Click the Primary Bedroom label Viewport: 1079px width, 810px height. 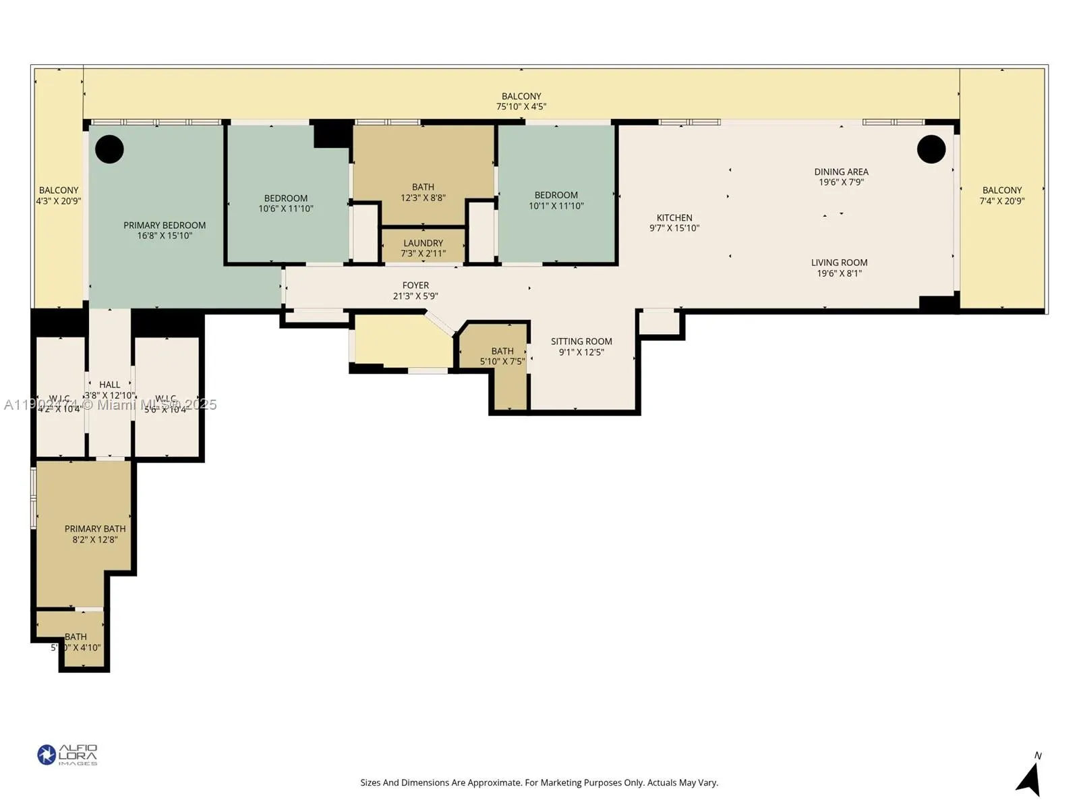pos(165,225)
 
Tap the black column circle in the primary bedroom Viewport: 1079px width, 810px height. pos(109,149)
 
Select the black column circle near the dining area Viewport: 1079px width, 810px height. pos(931,149)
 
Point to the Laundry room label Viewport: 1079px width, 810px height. pos(423,244)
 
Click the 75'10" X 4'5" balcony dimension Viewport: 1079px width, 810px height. pos(521,107)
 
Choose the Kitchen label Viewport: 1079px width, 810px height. pos(674,218)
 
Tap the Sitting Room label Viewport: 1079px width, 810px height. pos(581,342)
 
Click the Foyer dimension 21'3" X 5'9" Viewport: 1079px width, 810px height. pos(415,296)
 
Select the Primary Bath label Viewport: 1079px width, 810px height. pos(95,529)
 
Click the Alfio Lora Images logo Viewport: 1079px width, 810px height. pos(67,755)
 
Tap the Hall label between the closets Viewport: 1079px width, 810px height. pos(110,385)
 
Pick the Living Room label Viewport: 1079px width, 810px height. pos(839,263)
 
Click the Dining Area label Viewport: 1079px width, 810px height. pos(841,172)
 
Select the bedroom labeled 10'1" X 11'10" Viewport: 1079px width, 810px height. pos(556,200)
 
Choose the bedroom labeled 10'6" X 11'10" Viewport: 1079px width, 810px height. pos(286,203)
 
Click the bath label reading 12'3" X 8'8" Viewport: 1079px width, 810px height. pos(423,192)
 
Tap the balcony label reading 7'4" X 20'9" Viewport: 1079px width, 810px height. pos(1001,196)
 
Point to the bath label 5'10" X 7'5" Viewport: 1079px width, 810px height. pos(502,356)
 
